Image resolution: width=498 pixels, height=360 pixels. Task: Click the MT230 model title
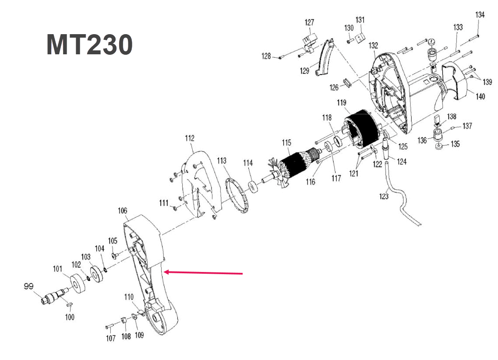[89, 45]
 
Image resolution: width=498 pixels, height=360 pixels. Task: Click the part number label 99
[28, 286]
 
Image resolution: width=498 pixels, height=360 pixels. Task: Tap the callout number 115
[286, 142]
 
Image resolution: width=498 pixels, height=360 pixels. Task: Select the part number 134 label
[480, 14]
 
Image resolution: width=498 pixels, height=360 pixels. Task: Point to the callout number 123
[384, 196]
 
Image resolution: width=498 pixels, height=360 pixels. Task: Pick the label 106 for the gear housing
[123, 211]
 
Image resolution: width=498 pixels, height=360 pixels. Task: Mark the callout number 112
[189, 138]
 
